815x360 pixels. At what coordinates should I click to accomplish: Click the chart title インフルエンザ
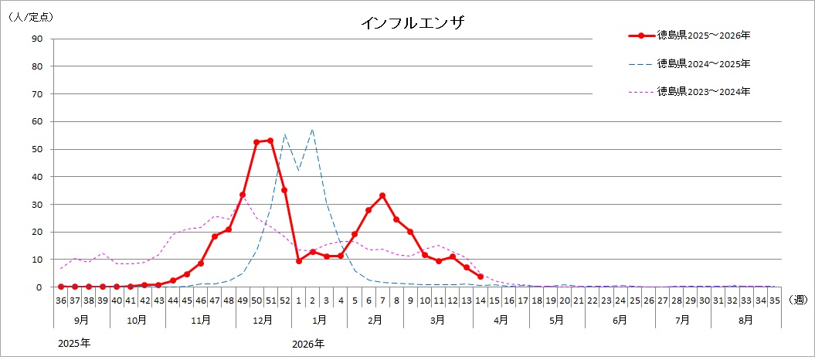[413, 22]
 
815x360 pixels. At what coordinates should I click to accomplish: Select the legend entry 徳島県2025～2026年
[703, 36]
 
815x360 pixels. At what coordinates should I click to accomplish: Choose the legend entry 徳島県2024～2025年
[703, 63]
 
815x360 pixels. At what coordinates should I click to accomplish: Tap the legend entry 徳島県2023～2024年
[703, 91]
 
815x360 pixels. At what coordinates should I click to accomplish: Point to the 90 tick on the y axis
[37, 39]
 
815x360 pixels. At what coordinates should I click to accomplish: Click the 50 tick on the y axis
[37, 149]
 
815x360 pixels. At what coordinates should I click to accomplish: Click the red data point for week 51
[270, 141]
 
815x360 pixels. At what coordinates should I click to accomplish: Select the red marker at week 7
[382, 195]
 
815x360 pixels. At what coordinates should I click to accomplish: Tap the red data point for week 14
[481, 277]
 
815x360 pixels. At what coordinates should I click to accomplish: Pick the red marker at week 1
[299, 261]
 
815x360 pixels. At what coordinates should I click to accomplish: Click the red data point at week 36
[61, 287]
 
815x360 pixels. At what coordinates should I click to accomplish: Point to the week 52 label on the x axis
[284, 300]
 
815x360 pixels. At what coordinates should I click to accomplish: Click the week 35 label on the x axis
[774, 300]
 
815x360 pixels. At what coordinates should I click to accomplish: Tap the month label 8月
[746, 318]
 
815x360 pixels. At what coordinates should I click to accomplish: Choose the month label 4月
[501, 318]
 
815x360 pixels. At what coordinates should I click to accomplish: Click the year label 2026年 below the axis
[308, 342]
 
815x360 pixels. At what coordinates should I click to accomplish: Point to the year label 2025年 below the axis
[74, 342]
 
